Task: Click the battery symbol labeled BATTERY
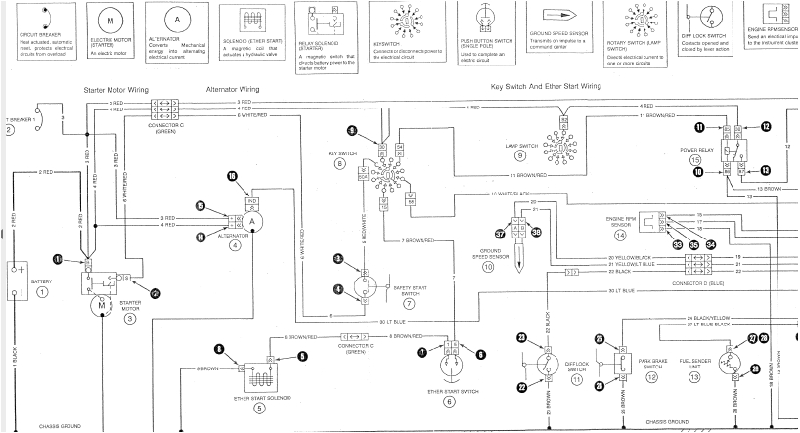point(17,270)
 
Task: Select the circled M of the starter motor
point(100,305)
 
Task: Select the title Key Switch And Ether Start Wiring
point(546,86)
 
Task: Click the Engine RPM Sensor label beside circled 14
point(620,221)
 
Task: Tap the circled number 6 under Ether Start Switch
point(449,401)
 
